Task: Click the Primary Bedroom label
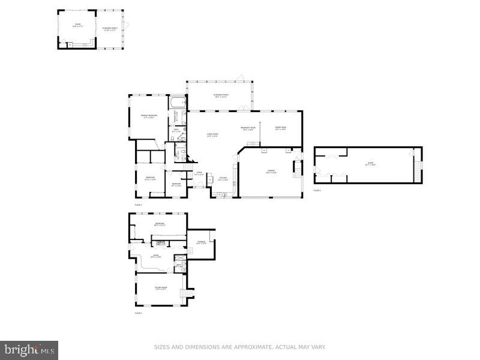(x=149, y=116)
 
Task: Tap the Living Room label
(x=212, y=134)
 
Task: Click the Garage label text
(x=271, y=172)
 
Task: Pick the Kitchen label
(x=223, y=178)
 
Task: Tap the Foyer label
(x=199, y=175)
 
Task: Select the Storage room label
(x=201, y=243)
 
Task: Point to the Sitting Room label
(x=160, y=289)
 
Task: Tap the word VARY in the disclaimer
(x=316, y=347)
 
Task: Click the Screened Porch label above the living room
(x=221, y=96)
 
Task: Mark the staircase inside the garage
(x=296, y=170)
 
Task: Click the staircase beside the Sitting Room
(x=191, y=293)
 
